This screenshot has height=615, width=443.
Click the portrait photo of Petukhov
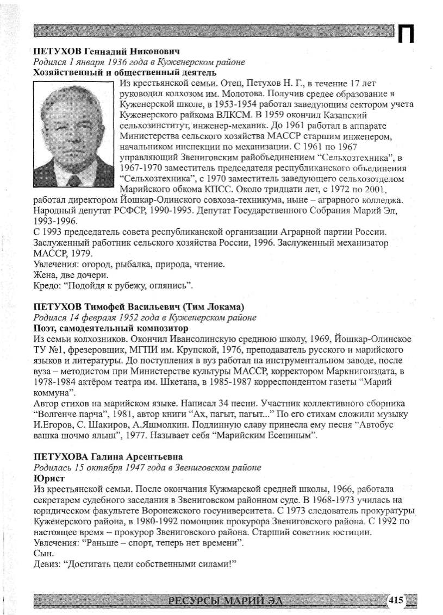[x=74, y=135]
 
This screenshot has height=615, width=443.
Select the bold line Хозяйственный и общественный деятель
[x=125, y=72]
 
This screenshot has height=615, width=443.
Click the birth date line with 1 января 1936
[x=139, y=62]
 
